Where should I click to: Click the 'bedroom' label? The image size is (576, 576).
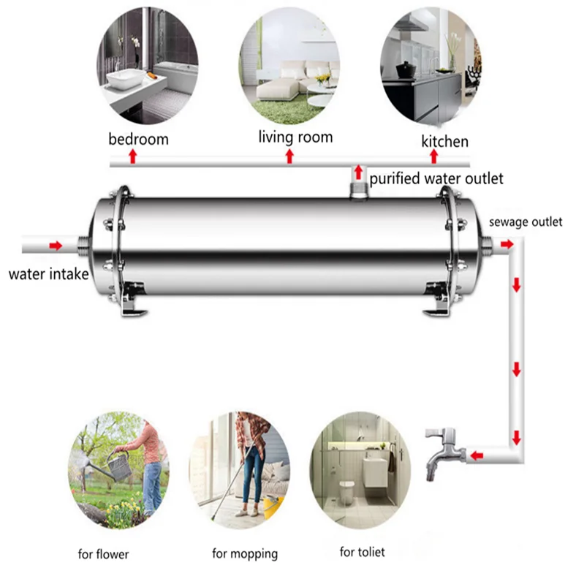tap(138, 139)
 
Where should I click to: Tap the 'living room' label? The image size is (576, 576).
tap(295, 137)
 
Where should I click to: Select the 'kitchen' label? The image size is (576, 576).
tap(444, 141)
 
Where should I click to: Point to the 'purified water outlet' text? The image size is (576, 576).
tap(436, 178)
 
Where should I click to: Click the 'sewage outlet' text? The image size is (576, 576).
tap(526, 221)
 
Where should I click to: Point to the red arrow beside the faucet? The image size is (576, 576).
tap(476, 456)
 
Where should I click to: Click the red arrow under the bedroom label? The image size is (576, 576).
tap(132, 156)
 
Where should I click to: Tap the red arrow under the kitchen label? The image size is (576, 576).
tap(433, 156)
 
